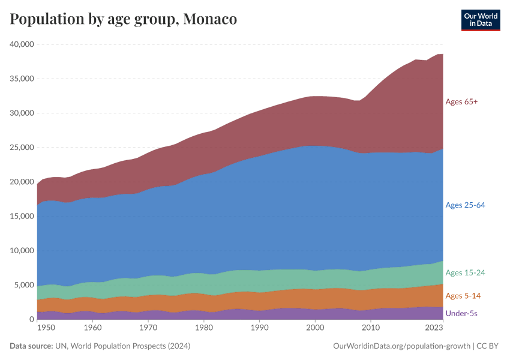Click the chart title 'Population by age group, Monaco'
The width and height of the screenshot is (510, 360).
click(124, 19)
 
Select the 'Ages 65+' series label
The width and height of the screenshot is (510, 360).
click(461, 102)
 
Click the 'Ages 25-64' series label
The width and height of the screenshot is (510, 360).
click(465, 205)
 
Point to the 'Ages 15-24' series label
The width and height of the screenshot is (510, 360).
click(465, 273)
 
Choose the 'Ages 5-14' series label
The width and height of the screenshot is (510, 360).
click(463, 296)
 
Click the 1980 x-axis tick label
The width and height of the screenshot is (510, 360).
click(204, 328)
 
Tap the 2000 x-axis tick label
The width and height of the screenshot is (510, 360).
click(315, 328)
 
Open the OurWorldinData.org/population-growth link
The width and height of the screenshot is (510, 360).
click(401, 346)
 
